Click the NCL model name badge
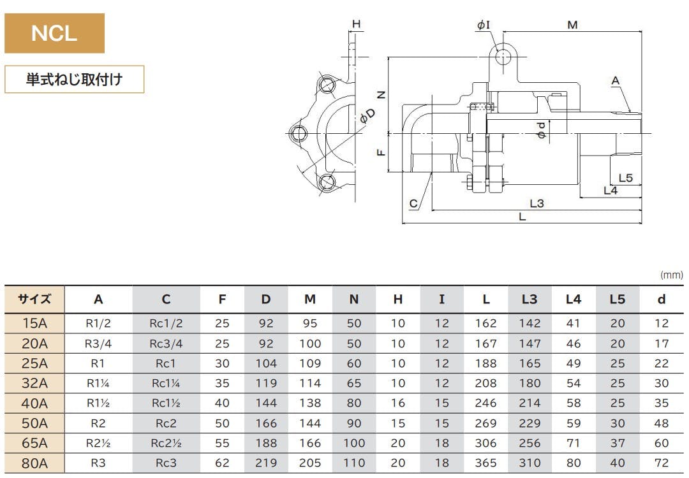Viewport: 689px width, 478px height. (x=54, y=33)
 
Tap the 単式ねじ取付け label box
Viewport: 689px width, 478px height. (x=75, y=80)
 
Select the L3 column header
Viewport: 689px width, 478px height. (x=530, y=299)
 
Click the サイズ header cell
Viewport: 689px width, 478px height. (x=34, y=299)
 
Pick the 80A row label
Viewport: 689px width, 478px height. (x=34, y=463)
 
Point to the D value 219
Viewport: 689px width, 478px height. (x=266, y=463)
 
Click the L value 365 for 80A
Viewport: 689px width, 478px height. (x=486, y=463)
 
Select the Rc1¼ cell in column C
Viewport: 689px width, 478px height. (x=166, y=383)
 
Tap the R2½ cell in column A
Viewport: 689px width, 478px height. (x=98, y=443)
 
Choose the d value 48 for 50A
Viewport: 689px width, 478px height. (x=662, y=423)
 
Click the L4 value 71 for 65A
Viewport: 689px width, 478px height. (x=574, y=443)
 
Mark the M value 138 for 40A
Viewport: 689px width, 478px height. (x=310, y=403)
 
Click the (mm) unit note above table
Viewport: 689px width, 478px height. (x=671, y=275)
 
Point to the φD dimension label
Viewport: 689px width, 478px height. (x=367, y=115)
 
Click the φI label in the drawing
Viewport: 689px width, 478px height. (x=484, y=25)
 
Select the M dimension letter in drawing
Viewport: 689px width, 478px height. (x=572, y=25)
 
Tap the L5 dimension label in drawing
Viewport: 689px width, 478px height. (x=625, y=177)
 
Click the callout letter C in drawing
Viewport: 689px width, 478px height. (x=413, y=204)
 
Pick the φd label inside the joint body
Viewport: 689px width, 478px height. (x=541, y=131)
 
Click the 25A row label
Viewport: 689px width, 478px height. (x=34, y=363)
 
